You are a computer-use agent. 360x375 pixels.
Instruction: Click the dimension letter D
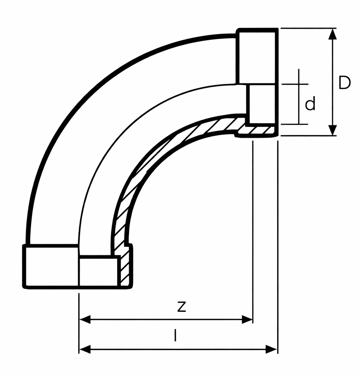tap(344, 83)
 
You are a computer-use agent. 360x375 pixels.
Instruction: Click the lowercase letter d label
tap(310, 103)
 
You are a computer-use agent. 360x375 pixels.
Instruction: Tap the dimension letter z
tap(182, 307)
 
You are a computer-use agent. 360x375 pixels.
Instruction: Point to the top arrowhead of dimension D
tap(332, 34)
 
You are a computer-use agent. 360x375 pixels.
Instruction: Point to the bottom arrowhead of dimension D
tap(332, 130)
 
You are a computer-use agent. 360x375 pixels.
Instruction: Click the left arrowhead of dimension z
tap(85, 319)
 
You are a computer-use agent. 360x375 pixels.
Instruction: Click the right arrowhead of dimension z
tap(247, 319)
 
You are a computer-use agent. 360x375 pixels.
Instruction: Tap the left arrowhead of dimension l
tap(85, 349)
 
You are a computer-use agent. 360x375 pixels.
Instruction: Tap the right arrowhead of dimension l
tap(272, 349)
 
